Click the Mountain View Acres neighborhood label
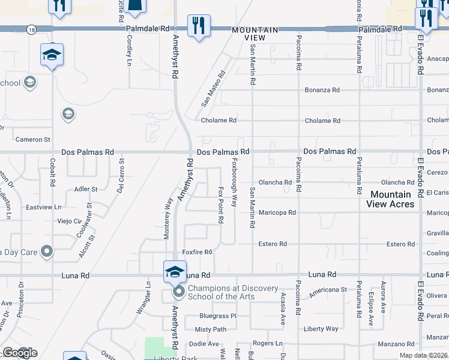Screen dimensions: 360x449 point(391,199)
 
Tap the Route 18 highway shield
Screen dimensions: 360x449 point(31,28)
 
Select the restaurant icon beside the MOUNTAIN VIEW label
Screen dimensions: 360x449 point(199,26)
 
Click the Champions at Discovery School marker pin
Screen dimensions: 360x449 point(178,292)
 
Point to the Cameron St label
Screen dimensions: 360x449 point(32,140)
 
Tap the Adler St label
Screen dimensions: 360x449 point(85,189)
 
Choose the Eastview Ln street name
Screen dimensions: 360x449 point(44,207)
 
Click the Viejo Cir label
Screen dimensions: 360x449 point(68,221)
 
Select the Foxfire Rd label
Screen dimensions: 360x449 point(197,253)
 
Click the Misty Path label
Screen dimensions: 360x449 point(211,329)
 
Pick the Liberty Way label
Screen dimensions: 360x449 point(321,329)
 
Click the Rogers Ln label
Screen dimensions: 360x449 point(267,343)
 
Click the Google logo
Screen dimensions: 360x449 point(19,353)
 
